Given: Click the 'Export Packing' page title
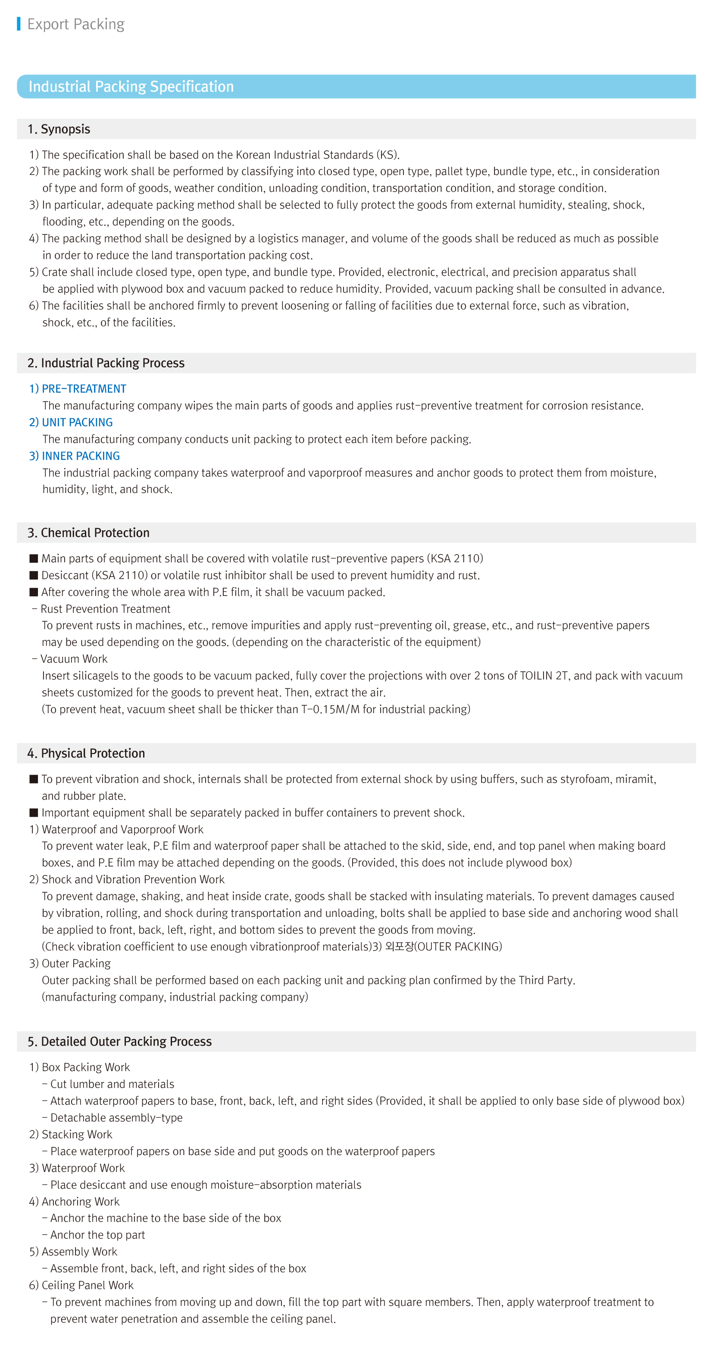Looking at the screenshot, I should [x=75, y=24].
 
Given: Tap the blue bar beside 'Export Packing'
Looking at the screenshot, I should [x=19, y=24].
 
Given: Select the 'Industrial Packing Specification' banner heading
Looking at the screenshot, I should [x=131, y=87].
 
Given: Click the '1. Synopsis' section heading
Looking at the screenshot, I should [x=59, y=129].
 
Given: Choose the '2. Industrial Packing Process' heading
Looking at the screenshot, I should [x=106, y=363].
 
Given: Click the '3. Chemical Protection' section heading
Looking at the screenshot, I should [x=88, y=532].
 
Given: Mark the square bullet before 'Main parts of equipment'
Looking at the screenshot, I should [x=34, y=558].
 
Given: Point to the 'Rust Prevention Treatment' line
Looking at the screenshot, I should [x=105, y=609].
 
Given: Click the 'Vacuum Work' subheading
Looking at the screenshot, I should [x=74, y=659].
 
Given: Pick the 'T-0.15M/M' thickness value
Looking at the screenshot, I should [x=330, y=710].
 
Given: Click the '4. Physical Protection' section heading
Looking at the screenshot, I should [x=86, y=753].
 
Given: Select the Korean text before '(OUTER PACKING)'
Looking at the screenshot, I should [x=399, y=946].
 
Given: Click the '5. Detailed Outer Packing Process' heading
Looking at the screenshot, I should [x=120, y=1042].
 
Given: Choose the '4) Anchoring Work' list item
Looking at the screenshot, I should [x=74, y=1201].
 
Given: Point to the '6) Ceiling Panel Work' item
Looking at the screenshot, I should [x=81, y=1285].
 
